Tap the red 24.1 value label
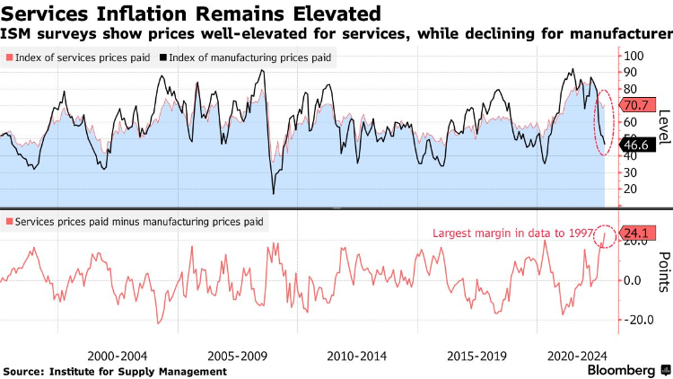coord(640,233)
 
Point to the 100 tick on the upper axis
coord(634,56)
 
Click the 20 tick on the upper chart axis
coord(630,189)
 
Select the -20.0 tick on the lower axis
coord(638,320)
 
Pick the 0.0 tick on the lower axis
coord(634,280)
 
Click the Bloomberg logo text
coord(620,370)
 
